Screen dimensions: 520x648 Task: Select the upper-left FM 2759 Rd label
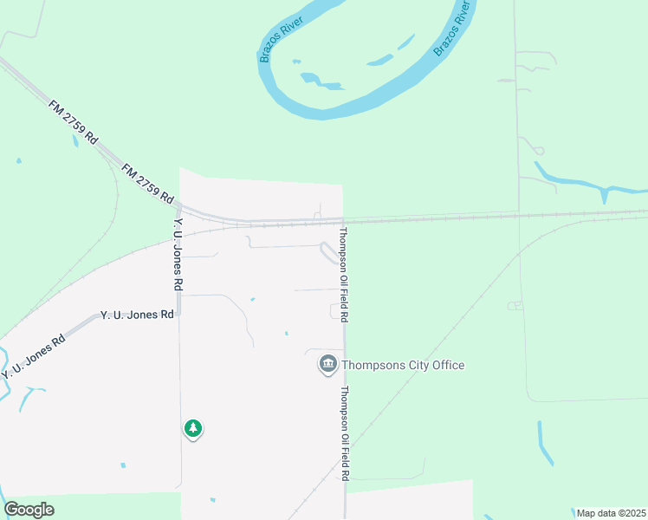coord(75,123)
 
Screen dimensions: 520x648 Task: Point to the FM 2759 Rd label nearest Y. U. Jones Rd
coord(147,183)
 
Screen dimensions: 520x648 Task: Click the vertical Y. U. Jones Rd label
coord(178,254)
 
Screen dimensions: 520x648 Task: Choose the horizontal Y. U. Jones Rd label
coord(138,315)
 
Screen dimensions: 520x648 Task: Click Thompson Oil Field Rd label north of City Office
coord(343,276)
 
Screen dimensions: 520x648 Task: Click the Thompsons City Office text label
coord(403,365)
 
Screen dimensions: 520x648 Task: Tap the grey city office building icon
coord(327,365)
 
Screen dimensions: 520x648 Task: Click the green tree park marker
coord(192,428)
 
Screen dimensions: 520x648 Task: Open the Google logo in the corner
coord(29,510)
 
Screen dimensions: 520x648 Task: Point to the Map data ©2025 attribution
coord(611,513)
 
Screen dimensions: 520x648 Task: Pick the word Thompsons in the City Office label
coord(373,365)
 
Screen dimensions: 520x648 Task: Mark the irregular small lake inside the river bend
coord(321,81)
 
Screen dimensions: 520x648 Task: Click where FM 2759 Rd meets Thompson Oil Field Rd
coord(344,220)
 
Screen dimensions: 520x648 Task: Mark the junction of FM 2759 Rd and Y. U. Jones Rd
coord(178,210)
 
